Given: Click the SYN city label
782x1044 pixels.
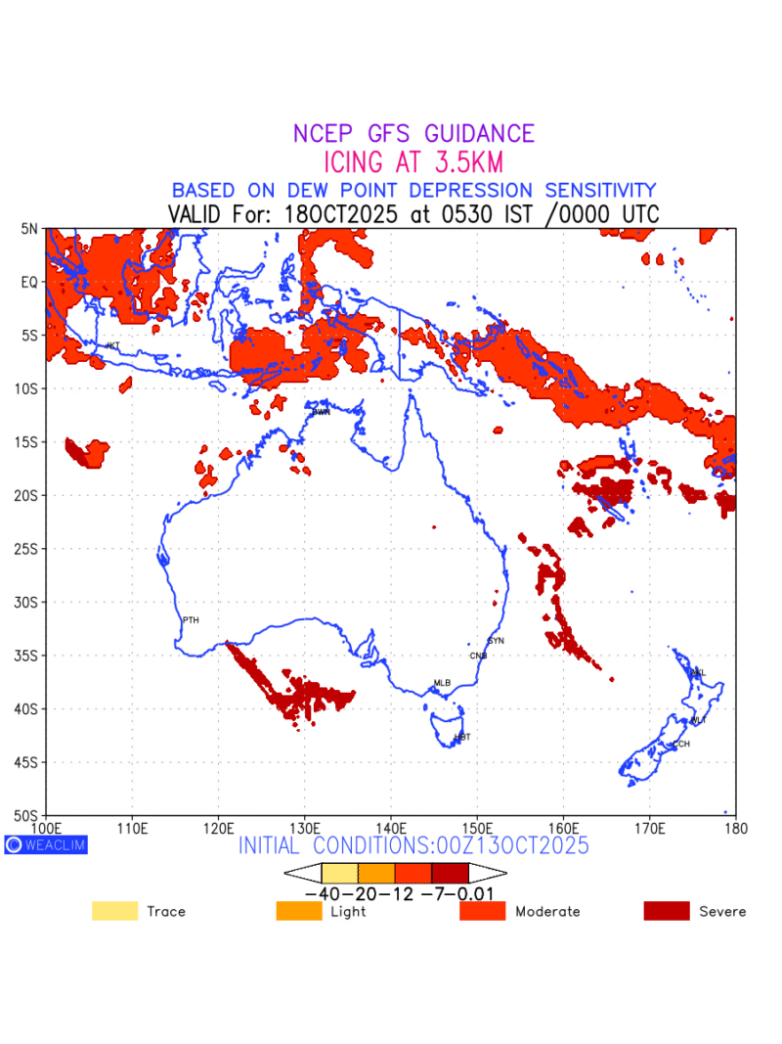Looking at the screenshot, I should [x=496, y=640].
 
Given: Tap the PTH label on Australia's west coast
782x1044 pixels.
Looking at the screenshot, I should [x=191, y=620].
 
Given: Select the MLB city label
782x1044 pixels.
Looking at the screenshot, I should [x=442, y=683].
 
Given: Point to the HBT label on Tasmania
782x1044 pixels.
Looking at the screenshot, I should [x=462, y=737].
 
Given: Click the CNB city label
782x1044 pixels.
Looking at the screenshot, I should [x=478, y=656].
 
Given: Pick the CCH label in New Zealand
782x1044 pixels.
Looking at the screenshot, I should [x=680, y=744].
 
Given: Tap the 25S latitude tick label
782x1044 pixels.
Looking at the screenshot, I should [x=26, y=548].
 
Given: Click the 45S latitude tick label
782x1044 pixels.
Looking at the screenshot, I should [x=26, y=761].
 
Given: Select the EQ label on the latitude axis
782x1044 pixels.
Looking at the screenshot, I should [x=29, y=282].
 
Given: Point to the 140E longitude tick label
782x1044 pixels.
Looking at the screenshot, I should [x=391, y=829].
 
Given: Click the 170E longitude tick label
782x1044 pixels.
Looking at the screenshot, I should [x=650, y=829].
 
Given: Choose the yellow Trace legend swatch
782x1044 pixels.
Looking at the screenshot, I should [x=114, y=911].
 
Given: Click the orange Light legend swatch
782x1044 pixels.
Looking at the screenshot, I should [x=299, y=911].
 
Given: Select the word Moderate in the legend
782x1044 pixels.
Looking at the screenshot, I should [x=547, y=912].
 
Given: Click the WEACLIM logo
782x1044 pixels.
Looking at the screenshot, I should [x=46, y=844].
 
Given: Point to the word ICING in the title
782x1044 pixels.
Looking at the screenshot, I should [x=361, y=161].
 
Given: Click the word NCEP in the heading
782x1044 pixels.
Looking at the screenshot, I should [x=325, y=134].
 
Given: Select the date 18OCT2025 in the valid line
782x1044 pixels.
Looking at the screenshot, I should [x=340, y=214].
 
